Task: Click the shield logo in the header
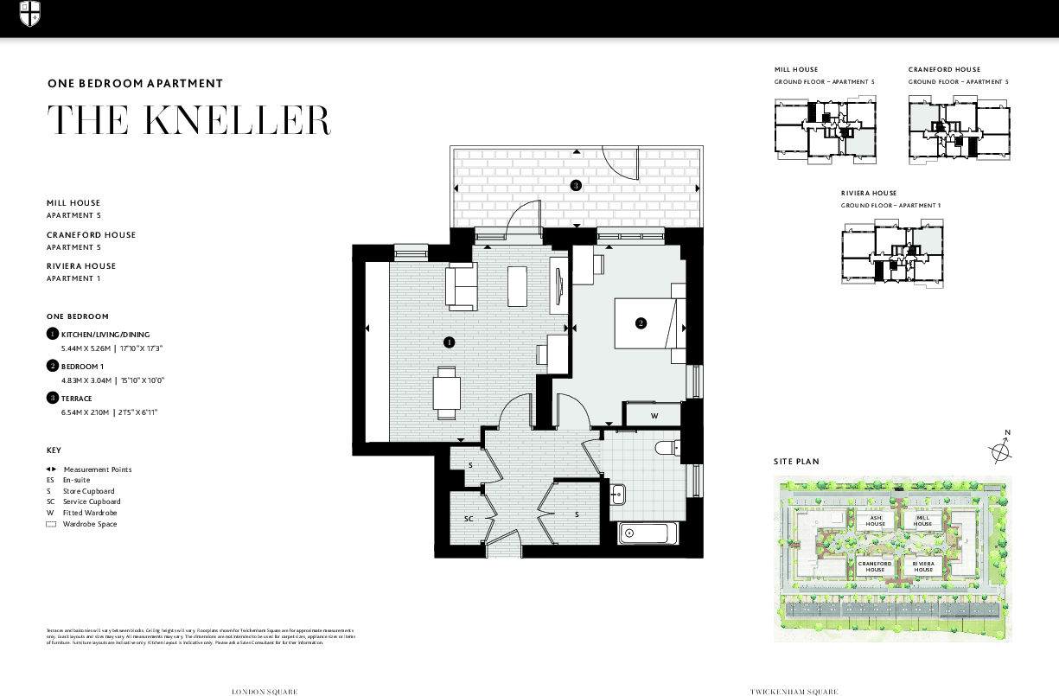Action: click(30, 13)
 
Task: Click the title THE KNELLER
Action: click(188, 120)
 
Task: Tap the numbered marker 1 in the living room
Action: click(449, 342)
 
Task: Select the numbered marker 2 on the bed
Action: click(641, 323)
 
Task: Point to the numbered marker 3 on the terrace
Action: click(575, 185)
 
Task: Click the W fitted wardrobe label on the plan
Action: click(654, 416)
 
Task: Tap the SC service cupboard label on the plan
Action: click(469, 519)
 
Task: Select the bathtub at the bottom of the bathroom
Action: click(649, 533)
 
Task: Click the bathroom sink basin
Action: click(618, 495)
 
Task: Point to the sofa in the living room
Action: click(462, 288)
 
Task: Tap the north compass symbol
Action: click(1000, 450)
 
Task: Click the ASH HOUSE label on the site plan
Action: click(876, 521)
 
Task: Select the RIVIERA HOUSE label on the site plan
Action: click(924, 567)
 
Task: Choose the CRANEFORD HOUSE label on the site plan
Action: click(875, 567)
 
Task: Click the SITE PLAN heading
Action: click(796, 462)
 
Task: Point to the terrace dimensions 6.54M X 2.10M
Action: click(85, 413)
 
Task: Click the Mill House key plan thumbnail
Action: click(824, 129)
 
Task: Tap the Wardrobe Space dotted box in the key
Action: click(51, 524)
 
